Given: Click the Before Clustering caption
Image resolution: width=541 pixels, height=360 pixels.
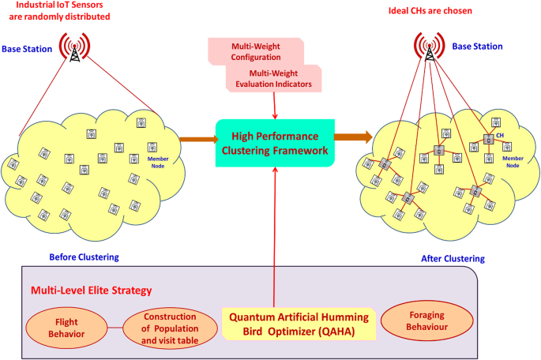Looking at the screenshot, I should pos(85,257).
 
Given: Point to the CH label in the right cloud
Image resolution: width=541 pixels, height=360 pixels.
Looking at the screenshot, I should pos(500,135).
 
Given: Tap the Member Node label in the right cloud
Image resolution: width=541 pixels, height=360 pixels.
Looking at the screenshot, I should pos(513,160).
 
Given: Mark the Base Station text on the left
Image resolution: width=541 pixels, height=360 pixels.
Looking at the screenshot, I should pos(28,49).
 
